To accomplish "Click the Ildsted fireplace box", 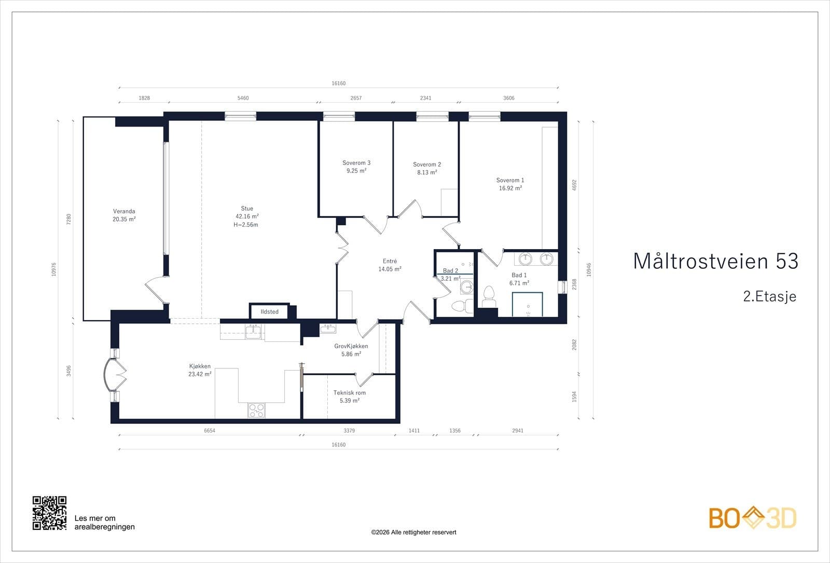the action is [x=269, y=311].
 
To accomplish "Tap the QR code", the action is [x=50, y=513].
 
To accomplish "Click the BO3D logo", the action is [x=753, y=517].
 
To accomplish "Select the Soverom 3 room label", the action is [x=356, y=163].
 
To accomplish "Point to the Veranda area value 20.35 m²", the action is [x=124, y=219].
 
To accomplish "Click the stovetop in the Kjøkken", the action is [x=256, y=410].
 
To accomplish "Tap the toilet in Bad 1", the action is [x=489, y=297].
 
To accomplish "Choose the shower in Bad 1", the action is [x=528, y=305].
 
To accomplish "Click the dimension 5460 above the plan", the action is [x=243, y=98].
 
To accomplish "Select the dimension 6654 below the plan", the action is [x=210, y=430].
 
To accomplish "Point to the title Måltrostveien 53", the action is [x=715, y=261].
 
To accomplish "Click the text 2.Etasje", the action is [x=770, y=296].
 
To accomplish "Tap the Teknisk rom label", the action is [x=350, y=392].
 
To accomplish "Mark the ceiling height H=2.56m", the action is [x=246, y=225].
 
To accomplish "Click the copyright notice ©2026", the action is [x=413, y=532].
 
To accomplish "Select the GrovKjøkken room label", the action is [x=351, y=346].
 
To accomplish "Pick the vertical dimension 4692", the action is [x=574, y=185].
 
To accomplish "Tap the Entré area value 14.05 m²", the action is [x=390, y=269].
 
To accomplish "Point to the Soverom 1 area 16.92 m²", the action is [x=510, y=188].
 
